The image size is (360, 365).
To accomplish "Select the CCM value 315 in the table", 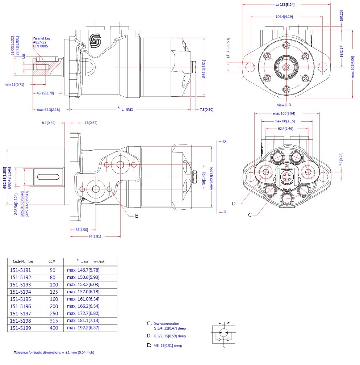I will [54, 320].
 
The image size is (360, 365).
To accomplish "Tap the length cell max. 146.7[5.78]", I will [83, 270].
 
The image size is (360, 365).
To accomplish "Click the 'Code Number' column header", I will [23, 261].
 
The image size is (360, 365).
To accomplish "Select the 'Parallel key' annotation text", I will [42, 38].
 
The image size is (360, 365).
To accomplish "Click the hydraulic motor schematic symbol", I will [224, 334].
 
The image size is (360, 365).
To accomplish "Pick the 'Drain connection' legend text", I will [166, 324].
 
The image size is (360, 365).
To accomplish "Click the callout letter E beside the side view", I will [137, 216].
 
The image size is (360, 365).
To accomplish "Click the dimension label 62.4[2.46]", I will [286, 129].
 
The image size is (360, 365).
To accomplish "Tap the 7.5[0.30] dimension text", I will [206, 110].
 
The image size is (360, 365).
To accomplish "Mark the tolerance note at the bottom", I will [54, 352].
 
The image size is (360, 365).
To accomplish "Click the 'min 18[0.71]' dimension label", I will [14, 84].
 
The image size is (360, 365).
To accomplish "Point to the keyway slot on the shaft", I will [49, 177].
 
